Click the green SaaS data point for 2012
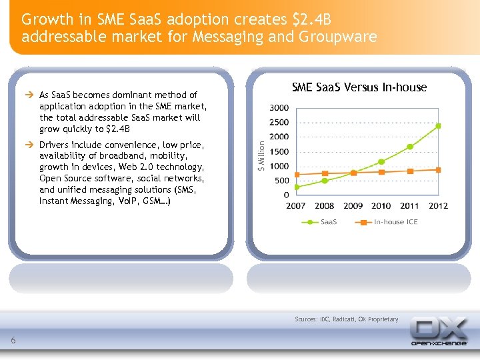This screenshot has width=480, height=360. pos(438,125)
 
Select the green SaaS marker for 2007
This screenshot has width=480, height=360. pos(297,187)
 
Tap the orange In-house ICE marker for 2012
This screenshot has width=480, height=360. pos(438,170)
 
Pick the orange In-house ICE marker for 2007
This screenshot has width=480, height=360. pos(297,175)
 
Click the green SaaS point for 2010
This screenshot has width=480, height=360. pos(381,161)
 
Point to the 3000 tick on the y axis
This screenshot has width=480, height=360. pos(279,108)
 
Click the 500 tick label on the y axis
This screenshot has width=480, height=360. pos(281,181)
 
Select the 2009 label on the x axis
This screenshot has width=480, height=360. pos(353,206)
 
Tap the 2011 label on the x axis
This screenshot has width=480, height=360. pos(409,206)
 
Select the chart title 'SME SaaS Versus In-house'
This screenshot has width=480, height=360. pos(359,87)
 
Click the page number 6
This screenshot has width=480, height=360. pos(13,341)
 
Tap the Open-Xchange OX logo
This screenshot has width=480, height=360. pos(438,331)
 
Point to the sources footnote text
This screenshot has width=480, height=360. pos(346,319)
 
